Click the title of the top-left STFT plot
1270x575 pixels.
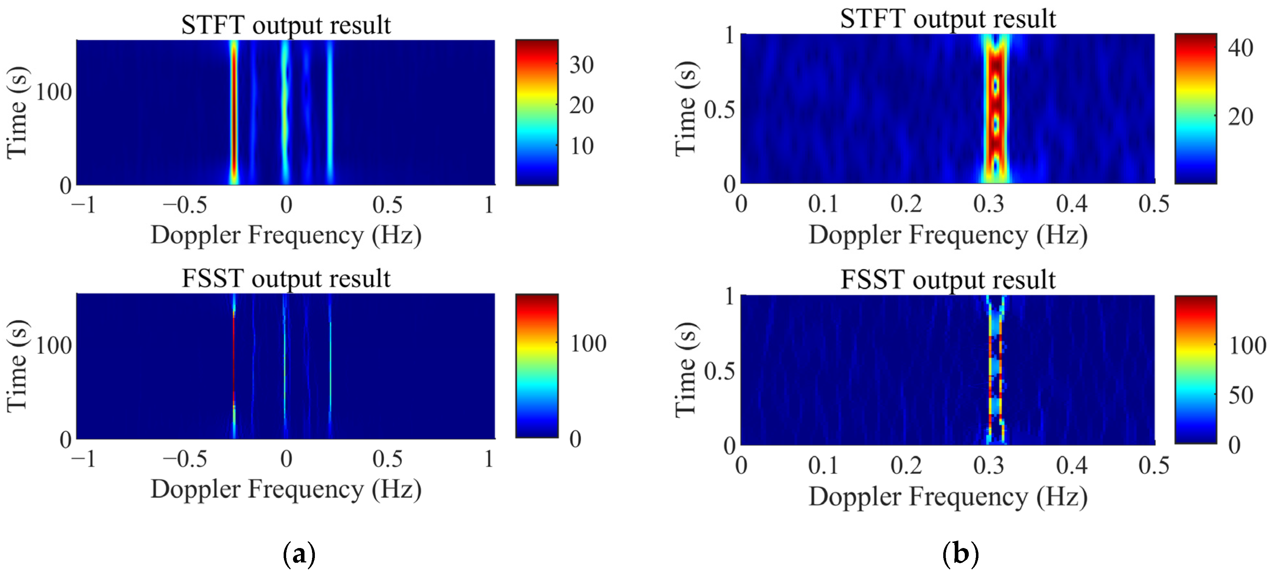[x=285, y=25]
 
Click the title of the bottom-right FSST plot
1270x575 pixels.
[x=948, y=280]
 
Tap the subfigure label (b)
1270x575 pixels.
[x=960, y=554]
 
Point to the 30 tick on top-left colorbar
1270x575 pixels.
[x=581, y=65]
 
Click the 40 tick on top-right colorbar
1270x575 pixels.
[x=1240, y=48]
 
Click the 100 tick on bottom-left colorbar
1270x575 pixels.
[x=588, y=344]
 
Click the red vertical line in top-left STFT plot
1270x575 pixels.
[x=234, y=113]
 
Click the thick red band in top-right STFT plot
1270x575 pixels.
[x=995, y=109]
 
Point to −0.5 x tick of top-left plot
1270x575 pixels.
[x=185, y=205]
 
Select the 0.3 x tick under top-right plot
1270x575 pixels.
[x=989, y=204]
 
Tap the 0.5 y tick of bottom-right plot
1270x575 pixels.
[x=719, y=371]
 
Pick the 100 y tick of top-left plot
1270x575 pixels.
[x=53, y=92]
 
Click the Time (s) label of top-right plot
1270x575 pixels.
[x=686, y=109]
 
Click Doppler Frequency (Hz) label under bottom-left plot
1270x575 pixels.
[x=285, y=489]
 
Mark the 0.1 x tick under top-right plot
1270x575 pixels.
[x=823, y=204]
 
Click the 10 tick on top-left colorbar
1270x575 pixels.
[x=582, y=146]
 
